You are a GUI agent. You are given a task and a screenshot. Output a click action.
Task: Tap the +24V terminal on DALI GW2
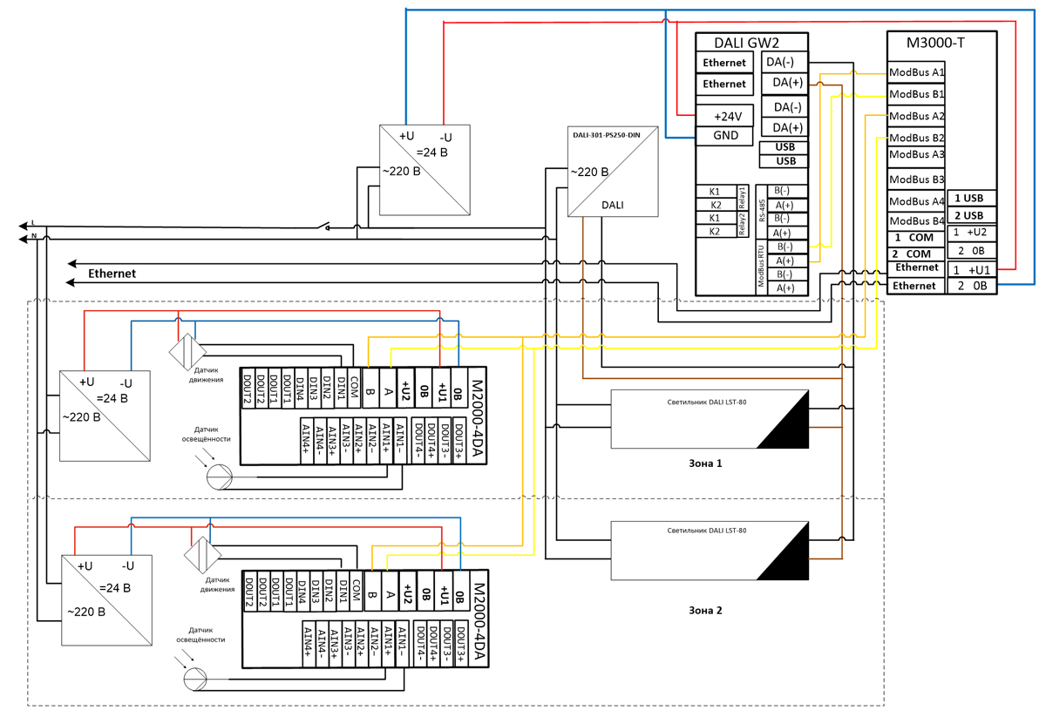[726, 116]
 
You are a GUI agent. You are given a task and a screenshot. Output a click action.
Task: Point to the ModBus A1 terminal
[916, 72]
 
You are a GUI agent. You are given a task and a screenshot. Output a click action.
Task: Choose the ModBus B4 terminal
[916, 220]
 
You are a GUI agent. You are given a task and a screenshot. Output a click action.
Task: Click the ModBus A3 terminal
[916, 154]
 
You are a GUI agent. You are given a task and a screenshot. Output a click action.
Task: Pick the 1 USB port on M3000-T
[968, 199]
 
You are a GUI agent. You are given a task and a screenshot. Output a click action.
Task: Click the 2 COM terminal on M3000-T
[913, 254]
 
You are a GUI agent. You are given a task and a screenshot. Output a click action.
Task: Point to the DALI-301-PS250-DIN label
[603, 134]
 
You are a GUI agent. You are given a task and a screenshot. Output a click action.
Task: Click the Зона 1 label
[704, 463]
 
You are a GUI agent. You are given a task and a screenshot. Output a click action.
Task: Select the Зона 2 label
[704, 611]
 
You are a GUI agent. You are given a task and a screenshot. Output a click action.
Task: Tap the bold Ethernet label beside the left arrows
[112, 274]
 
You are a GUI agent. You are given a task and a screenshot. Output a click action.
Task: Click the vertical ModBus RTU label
[761, 267]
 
